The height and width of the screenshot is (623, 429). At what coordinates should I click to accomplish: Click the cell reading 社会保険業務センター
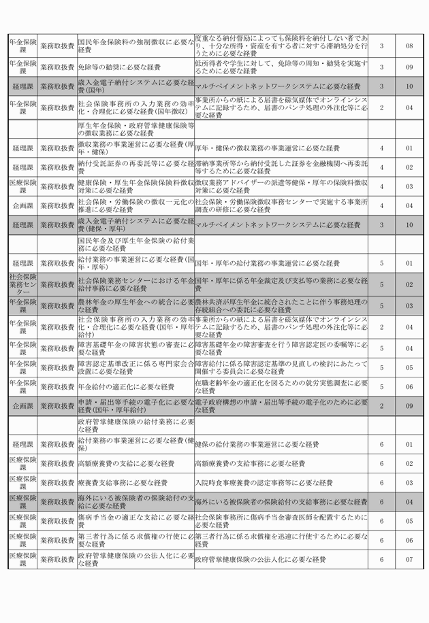point(22,282)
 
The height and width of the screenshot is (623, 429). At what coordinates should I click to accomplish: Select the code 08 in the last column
point(409,46)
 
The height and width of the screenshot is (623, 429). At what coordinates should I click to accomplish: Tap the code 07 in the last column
point(409,560)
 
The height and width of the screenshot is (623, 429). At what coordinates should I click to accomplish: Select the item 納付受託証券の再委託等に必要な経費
point(136,167)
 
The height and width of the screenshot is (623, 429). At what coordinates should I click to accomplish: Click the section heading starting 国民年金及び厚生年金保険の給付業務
point(136,243)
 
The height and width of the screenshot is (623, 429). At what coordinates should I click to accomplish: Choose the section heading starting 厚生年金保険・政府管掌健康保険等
point(136,129)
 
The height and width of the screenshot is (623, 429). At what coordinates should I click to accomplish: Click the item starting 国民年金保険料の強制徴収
point(136,46)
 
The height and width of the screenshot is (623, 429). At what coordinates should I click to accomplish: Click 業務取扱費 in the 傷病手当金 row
point(57,521)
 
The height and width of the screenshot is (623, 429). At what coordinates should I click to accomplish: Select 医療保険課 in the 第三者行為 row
point(22,540)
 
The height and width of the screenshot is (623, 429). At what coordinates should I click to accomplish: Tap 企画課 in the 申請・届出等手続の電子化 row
point(22,406)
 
